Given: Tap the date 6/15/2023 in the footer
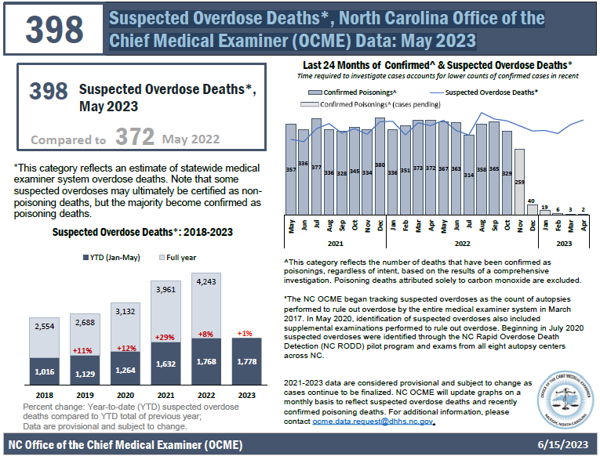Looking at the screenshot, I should click(x=562, y=444).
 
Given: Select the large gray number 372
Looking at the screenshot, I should click(x=135, y=138).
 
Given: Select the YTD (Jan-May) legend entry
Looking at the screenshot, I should click(x=108, y=257).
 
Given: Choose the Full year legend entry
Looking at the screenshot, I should click(x=180, y=257).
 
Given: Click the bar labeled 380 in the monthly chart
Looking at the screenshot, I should click(x=380, y=157).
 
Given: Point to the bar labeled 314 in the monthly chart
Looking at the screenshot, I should click(x=469, y=174).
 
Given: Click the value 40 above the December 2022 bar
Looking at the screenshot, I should click(x=532, y=201).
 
